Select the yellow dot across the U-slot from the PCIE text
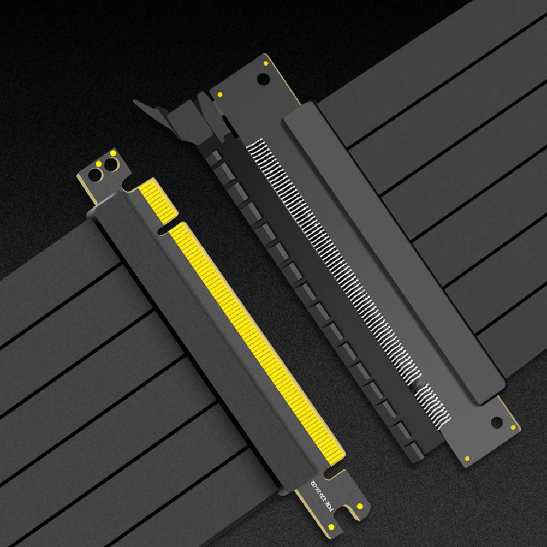tap(360, 507)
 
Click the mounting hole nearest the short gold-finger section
tap(111, 165)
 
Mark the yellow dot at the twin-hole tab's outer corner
tap(113, 153)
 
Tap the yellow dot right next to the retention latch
tap(219, 95)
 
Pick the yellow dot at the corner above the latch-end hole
tap(266, 63)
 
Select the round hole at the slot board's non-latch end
tap(496, 422)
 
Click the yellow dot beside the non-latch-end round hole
tap(513, 427)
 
